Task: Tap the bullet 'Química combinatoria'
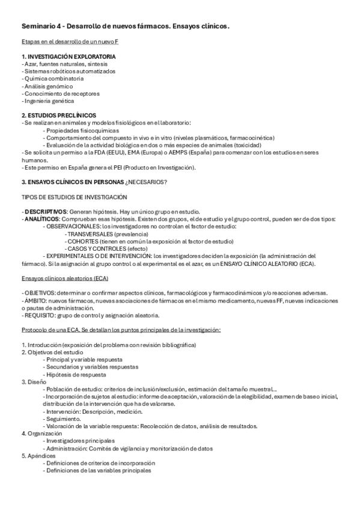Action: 54,78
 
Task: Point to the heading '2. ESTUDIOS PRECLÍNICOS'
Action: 58,115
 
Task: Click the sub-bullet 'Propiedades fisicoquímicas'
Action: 82,130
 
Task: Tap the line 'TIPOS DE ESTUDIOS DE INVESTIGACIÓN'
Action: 74,197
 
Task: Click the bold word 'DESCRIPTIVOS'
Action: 46,212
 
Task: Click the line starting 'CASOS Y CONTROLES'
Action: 98,248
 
